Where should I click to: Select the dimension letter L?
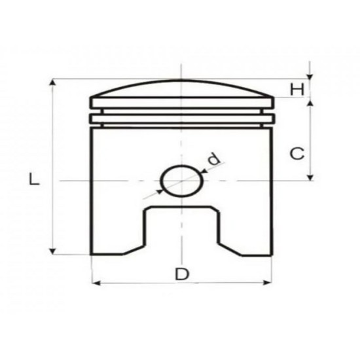[35, 179]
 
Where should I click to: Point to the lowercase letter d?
[213, 158]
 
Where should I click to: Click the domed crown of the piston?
[180, 89]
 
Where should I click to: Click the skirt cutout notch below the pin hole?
[181, 229]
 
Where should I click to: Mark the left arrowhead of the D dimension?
[96, 283]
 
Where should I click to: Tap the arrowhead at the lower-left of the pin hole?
[160, 192]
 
